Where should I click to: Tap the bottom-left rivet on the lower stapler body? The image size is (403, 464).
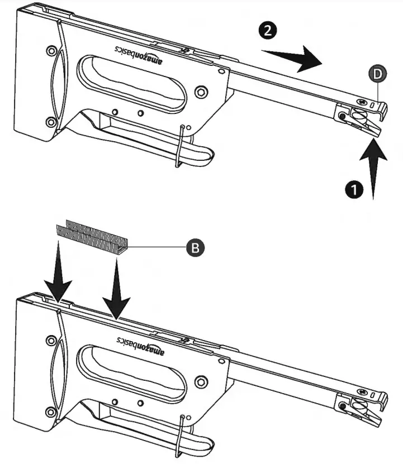point(51,413)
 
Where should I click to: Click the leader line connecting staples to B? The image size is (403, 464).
point(157,246)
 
